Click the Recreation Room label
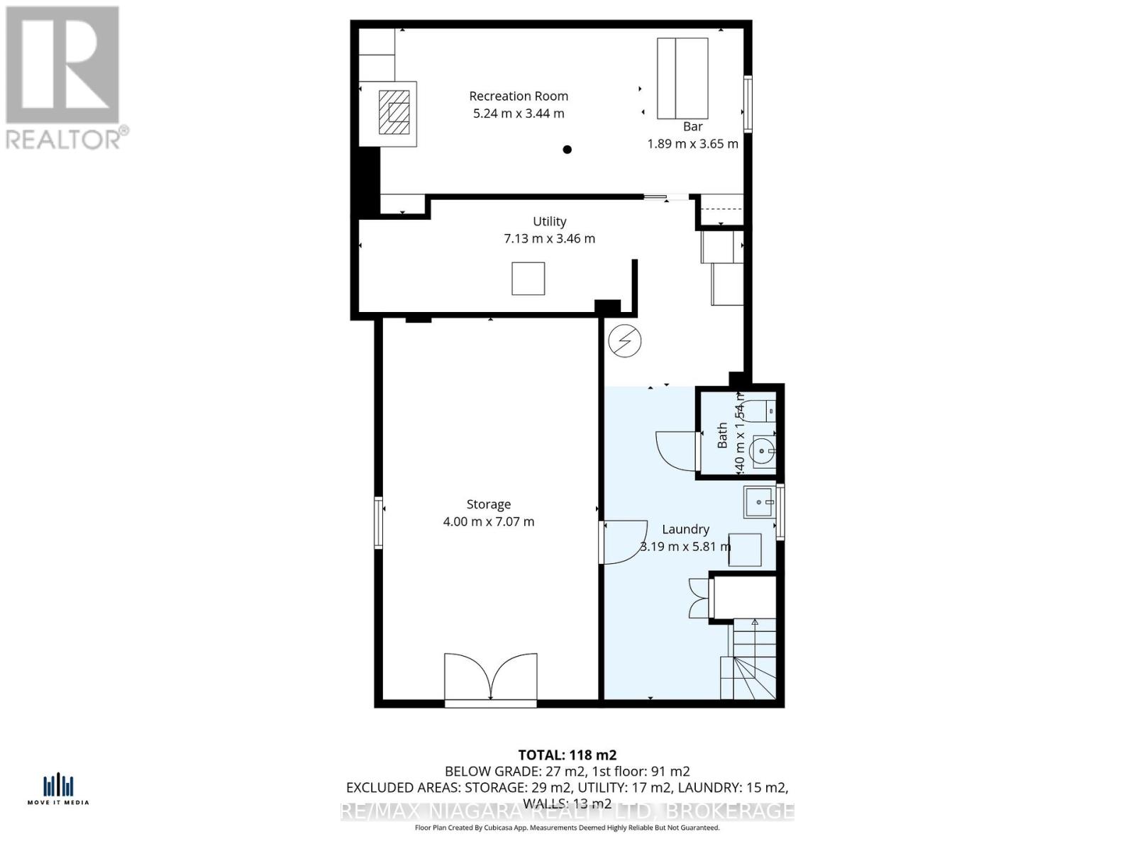click(519, 96)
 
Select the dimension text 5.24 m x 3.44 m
click(519, 113)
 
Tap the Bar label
click(692, 126)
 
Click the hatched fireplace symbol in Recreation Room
click(394, 113)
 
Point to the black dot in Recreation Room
click(567, 150)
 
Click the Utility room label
click(549, 221)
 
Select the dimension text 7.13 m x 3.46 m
click(549, 238)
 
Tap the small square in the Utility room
click(528, 278)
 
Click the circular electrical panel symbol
click(625, 342)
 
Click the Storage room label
click(488, 504)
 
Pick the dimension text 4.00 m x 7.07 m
click(488, 521)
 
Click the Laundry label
click(685, 529)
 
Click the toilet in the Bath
click(763, 411)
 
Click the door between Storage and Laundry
click(623, 542)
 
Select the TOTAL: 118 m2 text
click(567, 755)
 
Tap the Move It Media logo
click(58, 789)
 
